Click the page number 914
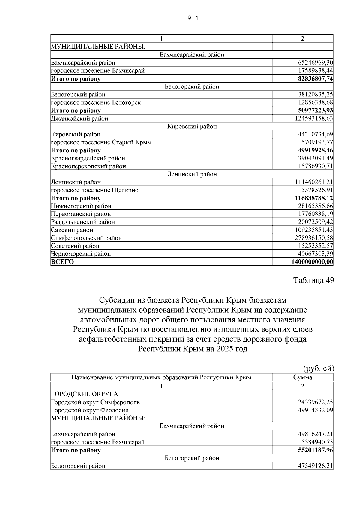[x=193, y=18]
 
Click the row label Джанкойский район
[x=80, y=118]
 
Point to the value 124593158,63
[x=314, y=118]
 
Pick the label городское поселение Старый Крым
[x=101, y=142]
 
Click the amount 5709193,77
[x=317, y=142]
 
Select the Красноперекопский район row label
[x=88, y=166]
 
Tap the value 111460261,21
[x=314, y=182]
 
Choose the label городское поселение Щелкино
[x=95, y=190]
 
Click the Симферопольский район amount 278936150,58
[x=314, y=238]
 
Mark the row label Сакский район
[x=72, y=230]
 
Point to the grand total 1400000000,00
[x=312, y=262]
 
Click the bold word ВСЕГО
[x=62, y=262]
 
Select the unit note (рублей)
[x=319, y=368]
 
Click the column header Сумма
[x=302, y=377]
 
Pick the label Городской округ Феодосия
[x=90, y=410]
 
